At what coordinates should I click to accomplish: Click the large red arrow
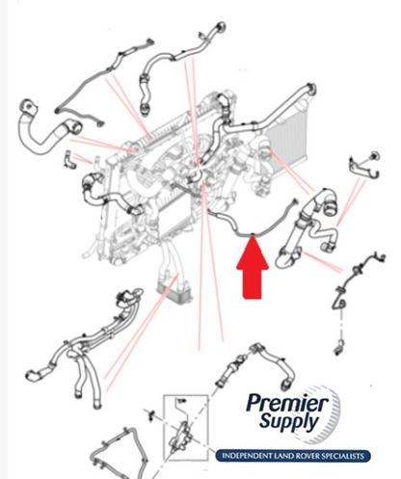tap(253, 268)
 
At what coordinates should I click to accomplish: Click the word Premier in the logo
tap(287, 403)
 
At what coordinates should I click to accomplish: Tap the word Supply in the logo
tap(288, 421)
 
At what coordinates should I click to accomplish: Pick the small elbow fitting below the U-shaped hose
tap(69, 160)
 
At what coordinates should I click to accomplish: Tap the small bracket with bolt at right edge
tap(364, 166)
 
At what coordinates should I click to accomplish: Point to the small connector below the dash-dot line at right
tap(339, 347)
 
